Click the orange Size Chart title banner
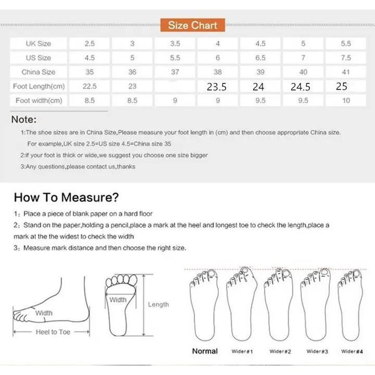point(192,25)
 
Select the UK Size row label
point(38,44)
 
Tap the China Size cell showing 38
point(218,72)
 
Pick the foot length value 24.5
point(301,87)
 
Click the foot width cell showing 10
point(346,100)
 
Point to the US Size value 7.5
point(346,58)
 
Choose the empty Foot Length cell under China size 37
point(175,86)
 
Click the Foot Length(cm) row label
point(39,86)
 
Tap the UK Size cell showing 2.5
point(89,44)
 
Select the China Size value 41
point(346,72)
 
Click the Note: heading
point(24,119)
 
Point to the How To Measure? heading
point(66,197)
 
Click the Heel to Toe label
point(53,332)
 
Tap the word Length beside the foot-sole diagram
point(158,304)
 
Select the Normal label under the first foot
point(205,351)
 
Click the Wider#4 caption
point(352,351)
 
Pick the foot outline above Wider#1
point(242,304)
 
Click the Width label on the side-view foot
point(44,313)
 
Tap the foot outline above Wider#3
point(315,304)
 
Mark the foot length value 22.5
point(89,86)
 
